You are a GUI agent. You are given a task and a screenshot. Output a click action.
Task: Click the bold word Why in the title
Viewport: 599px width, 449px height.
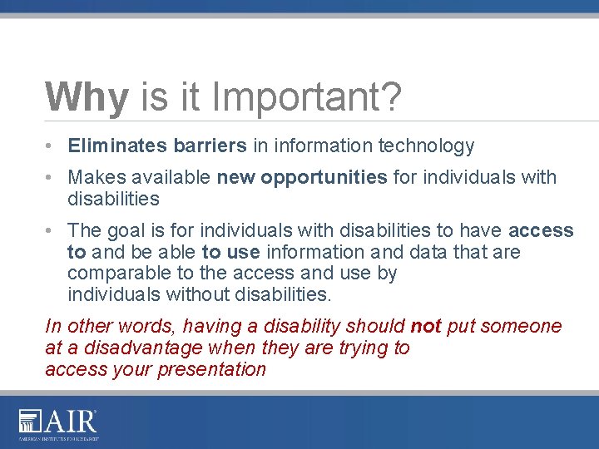87,97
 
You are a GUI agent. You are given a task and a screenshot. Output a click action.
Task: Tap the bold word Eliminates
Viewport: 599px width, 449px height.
117,146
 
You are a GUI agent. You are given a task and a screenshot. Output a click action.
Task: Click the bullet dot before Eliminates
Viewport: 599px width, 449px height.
52,146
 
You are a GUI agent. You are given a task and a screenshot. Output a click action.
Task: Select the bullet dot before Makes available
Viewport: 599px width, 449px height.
52,177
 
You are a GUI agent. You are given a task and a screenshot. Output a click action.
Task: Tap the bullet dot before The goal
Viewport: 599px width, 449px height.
52,230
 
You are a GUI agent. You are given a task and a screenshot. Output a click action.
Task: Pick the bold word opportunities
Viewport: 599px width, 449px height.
324,177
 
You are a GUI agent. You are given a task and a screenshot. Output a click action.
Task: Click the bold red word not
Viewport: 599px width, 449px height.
425,326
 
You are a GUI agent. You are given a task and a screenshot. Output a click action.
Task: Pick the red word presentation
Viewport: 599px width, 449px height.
214,369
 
